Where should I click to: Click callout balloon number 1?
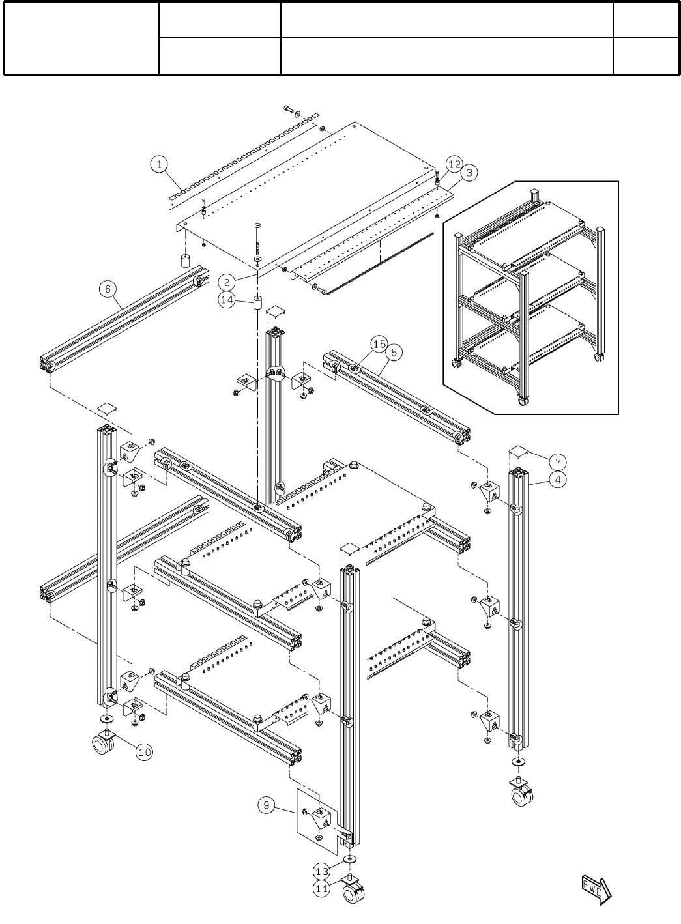160,164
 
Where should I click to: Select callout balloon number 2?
227,282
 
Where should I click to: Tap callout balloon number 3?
468,173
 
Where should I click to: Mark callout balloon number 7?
557,462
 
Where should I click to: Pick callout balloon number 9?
266,806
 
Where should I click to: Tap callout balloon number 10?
144,751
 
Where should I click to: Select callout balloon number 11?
321,888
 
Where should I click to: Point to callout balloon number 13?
321,871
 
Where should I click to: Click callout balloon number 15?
379,343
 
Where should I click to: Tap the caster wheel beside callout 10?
105,742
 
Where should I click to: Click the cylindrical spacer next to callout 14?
257,303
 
